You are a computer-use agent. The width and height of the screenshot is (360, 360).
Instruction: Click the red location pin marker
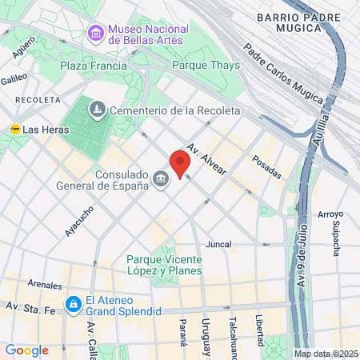click(x=180, y=163)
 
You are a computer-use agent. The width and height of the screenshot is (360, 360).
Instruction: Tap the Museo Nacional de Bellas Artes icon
click(x=97, y=33)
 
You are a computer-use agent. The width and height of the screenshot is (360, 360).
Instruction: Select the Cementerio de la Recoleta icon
click(x=97, y=110)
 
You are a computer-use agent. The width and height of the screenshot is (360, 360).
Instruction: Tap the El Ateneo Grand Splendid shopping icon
click(x=73, y=303)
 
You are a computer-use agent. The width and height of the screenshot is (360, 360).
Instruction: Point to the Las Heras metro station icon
click(x=14, y=129)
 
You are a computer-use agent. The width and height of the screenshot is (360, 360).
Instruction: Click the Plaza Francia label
click(x=94, y=65)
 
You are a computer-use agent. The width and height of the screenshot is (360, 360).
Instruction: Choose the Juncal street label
click(x=218, y=244)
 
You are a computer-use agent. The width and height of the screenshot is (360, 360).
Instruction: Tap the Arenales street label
click(x=44, y=285)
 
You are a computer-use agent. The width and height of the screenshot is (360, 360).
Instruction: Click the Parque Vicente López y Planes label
click(x=168, y=265)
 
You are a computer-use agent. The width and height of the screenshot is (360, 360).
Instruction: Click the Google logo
click(x=26, y=350)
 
